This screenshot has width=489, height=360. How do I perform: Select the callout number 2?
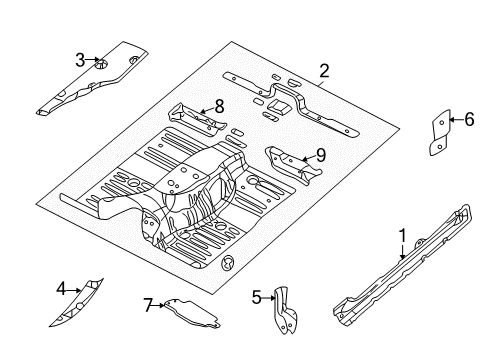tap(324, 70)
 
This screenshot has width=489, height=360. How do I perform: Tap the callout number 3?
tap(80, 60)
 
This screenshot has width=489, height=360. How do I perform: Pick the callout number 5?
tap(254, 296)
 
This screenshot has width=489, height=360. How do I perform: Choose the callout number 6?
tap(468, 120)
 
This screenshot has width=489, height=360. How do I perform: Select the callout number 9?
tap(320, 154)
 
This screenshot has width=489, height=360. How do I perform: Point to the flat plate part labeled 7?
tap(195, 312)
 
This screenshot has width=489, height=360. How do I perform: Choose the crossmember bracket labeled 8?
tap(195, 118)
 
